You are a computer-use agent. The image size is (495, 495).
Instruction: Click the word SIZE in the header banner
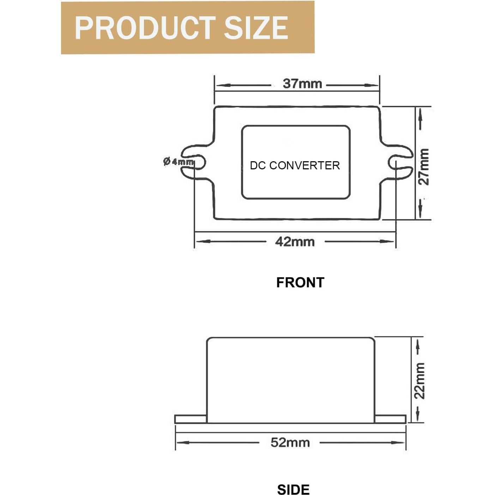(x=256, y=28)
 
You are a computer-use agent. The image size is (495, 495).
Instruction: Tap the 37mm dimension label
(x=302, y=84)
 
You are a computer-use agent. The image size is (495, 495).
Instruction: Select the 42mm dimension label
(x=295, y=242)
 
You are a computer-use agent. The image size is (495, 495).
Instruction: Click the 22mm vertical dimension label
(x=419, y=380)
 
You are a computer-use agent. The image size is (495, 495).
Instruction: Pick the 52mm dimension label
(x=290, y=443)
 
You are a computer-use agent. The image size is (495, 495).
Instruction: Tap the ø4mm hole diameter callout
(x=179, y=162)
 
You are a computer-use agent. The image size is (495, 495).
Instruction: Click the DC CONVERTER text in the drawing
(x=295, y=165)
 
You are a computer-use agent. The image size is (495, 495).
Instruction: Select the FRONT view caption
(x=300, y=283)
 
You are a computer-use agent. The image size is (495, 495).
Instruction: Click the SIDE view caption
(x=293, y=490)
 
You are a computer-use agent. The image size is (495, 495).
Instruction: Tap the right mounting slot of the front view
(x=400, y=162)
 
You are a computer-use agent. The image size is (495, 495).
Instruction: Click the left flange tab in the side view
(x=191, y=419)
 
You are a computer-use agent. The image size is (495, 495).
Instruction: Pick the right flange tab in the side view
(x=390, y=419)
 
